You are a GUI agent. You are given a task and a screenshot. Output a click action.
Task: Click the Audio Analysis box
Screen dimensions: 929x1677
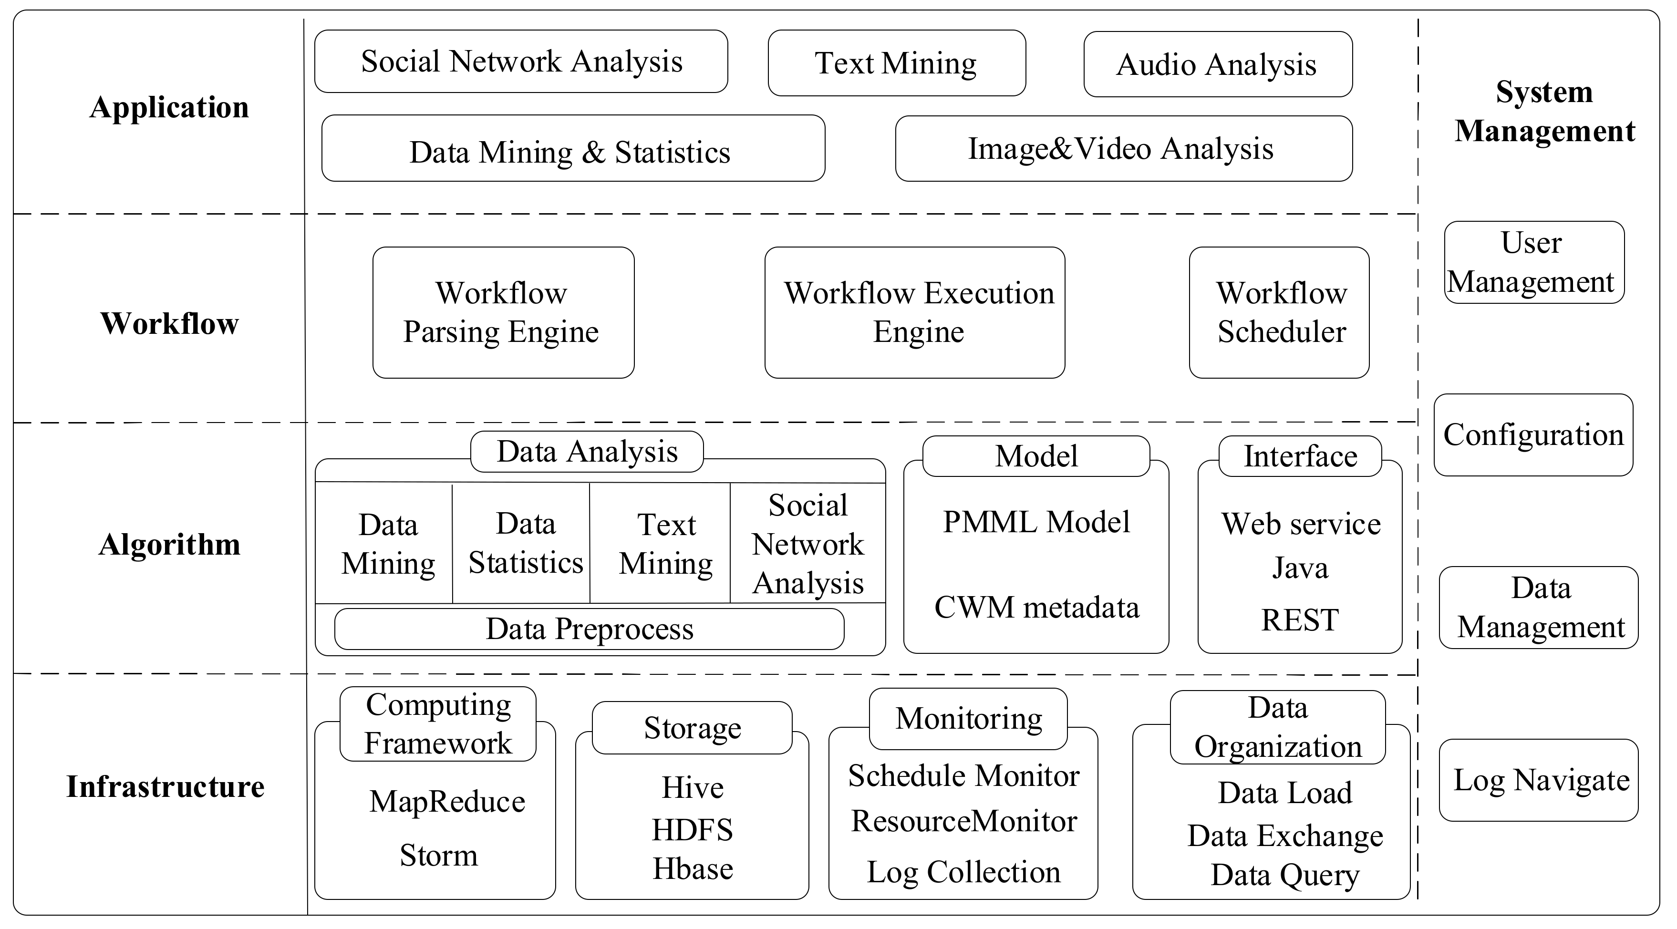click(1217, 64)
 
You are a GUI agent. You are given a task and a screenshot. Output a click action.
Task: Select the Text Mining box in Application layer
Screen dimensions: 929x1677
click(896, 63)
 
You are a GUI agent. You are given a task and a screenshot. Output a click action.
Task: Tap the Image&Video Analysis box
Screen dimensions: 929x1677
click(1122, 148)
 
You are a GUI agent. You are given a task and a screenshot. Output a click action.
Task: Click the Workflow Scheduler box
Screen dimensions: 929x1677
click(1279, 312)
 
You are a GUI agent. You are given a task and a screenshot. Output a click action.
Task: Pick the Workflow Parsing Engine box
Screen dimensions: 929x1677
click(503, 312)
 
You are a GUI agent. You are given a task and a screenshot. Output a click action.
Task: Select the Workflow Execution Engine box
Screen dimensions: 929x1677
click(914, 312)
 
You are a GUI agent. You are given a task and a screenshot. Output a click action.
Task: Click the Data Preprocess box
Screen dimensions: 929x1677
click(589, 629)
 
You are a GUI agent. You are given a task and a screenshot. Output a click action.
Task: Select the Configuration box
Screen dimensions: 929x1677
click(1532, 435)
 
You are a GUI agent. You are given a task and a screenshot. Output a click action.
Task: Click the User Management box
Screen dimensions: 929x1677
click(1533, 262)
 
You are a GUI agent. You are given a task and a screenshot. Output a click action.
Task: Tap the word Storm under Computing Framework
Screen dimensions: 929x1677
click(438, 855)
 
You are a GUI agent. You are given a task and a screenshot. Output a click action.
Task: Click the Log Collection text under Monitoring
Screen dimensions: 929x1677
click(963, 872)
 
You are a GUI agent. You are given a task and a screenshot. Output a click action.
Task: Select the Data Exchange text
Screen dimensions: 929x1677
click(1284, 835)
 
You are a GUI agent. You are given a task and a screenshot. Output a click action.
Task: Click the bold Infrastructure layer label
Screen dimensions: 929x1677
click(166, 786)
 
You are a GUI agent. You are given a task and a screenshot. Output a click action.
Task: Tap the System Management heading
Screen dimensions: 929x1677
click(1544, 111)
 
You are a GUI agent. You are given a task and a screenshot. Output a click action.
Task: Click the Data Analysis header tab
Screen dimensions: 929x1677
click(587, 451)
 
